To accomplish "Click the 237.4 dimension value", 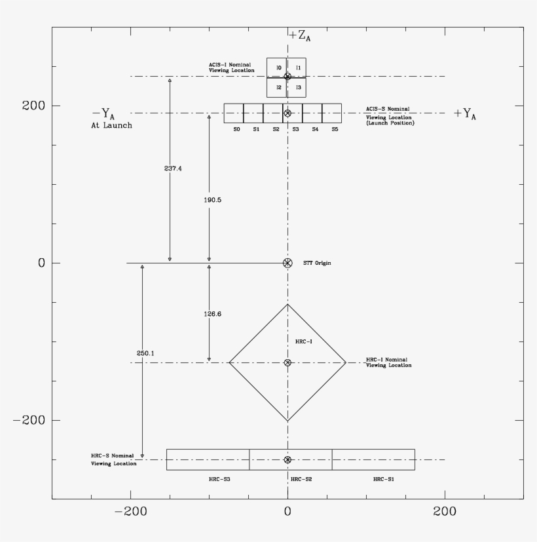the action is pyautogui.click(x=173, y=168).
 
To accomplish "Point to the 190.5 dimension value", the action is pyautogui.click(x=212, y=200).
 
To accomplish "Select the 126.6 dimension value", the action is pyautogui.click(x=212, y=314).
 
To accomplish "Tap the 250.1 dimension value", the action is pyautogui.click(x=145, y=353).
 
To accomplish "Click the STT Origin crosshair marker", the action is pyautogui.click(x=287, y=263).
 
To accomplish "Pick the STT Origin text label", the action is pyautogui.click(x=317, y=263).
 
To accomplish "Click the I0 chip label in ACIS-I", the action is pyautogui.click(x=279, y=68).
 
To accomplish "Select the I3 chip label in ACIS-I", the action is pyautogui.click(x=299, y=87).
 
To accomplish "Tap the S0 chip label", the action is pyautogui.click(x=236, y=129).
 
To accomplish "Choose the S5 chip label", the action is pyautogui.click(x=335, y=129).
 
